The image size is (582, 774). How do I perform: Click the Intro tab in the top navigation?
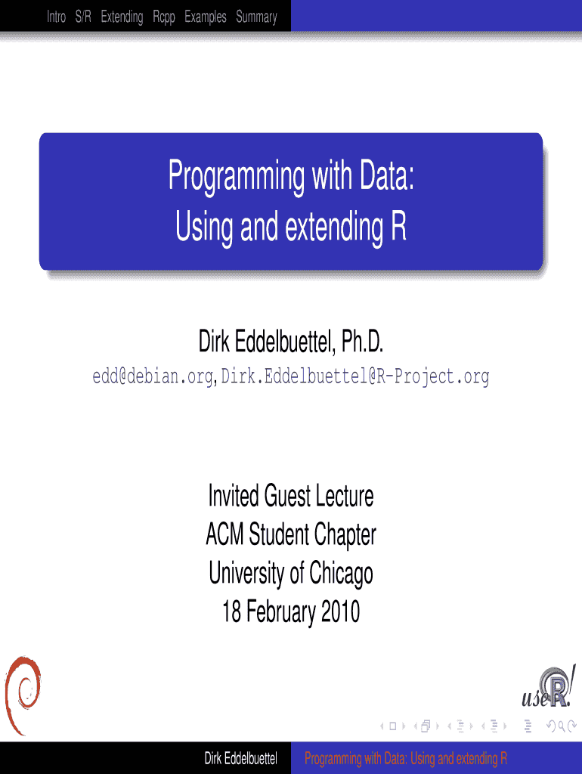tap(56, 17)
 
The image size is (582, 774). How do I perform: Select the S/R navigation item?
tap(83, 17)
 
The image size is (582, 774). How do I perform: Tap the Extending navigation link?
tap(122, 17)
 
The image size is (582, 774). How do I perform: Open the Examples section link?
tap(206, 17)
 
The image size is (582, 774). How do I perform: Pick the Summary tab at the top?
tap(256, 17)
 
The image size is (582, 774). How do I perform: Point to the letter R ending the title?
tap(399, 226)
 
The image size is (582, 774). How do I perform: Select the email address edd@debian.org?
tap(153, 376)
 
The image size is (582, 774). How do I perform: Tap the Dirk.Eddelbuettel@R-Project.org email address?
tap(355, 376)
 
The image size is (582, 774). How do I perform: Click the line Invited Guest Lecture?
tap(291, 496)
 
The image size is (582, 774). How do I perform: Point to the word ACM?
tap(224, 534)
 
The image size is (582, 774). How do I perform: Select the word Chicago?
tap(341, 574)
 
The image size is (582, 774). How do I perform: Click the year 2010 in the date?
tap(340, 611)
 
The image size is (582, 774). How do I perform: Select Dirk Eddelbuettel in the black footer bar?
tap(241, 758)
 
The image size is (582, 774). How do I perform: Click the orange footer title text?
tap(406, 758)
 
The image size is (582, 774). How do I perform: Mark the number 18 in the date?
tap(231, 611)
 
